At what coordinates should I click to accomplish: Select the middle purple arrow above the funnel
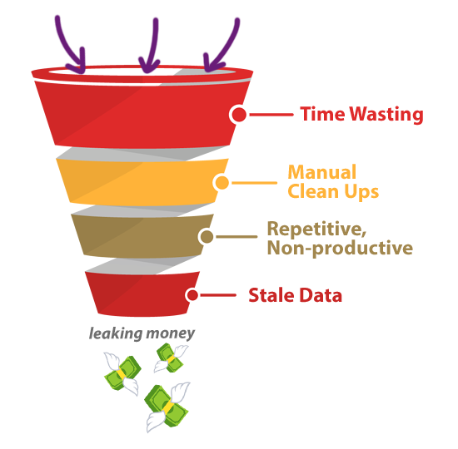pos(154,47)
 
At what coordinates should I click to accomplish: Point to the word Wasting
pos(386,115)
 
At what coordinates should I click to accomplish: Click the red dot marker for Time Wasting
pos(239,115)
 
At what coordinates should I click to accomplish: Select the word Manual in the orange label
pos(322,172)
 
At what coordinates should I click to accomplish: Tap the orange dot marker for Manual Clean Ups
pos(222,183)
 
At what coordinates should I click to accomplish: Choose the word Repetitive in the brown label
pos(316,229)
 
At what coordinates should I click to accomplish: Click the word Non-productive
pos(340,249)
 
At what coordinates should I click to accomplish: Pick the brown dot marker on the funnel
pos(207,236)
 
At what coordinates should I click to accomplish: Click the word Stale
pos(271,295)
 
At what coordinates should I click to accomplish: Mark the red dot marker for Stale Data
pos(192,295)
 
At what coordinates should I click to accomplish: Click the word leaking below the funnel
pos(116,333)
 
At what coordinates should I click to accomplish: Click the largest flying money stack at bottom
pos(167,406)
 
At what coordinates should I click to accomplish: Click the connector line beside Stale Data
pos(218,295)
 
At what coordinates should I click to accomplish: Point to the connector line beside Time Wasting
pos(271,115)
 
